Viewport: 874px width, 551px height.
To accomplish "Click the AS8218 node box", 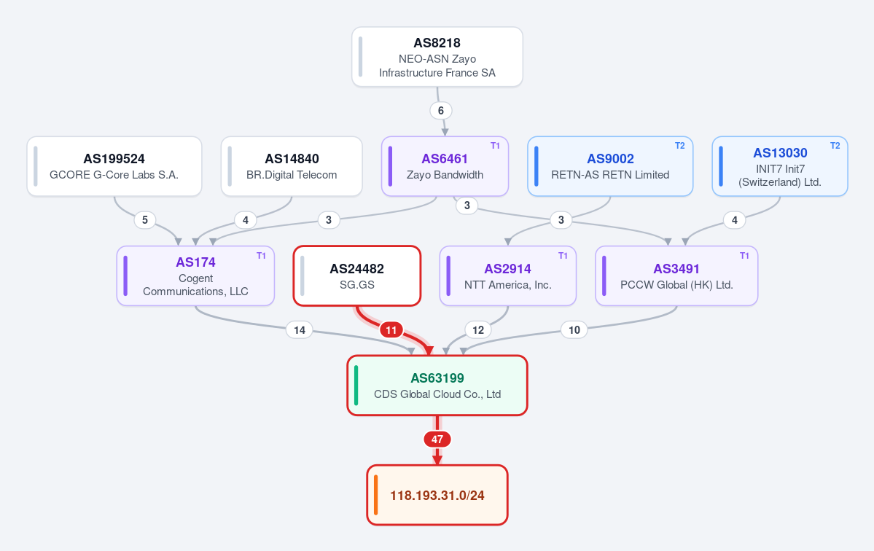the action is coord(437,57).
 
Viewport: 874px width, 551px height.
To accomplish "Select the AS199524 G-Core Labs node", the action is coord(114,166).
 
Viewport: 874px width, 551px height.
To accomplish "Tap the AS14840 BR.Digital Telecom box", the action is coord(292,166).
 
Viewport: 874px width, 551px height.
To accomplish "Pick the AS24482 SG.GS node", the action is coord(356,275).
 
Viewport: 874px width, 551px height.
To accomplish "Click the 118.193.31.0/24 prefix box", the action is coord(437,495).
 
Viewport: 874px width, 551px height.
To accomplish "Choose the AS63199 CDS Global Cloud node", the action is coord(437,386).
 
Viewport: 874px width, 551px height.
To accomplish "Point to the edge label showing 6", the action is coord(441,110).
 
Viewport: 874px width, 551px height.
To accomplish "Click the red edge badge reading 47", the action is coord(437,439).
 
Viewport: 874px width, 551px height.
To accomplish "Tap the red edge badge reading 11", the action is coord(391,330).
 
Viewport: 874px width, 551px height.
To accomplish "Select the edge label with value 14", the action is coord(300,330).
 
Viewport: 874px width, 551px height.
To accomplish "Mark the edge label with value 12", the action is coord(478,330).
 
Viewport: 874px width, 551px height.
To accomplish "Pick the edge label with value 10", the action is coord(574,330).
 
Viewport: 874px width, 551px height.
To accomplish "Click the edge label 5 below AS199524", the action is coord(145,220).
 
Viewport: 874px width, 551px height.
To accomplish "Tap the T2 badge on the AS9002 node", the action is coord(679,146).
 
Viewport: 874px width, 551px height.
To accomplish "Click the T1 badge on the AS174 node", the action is coord(261,256).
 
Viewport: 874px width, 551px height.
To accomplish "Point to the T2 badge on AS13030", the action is coord(835,146).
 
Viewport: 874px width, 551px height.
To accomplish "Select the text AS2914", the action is coord(508,269).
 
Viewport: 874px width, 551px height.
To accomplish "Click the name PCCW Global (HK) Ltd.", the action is coord(676,285).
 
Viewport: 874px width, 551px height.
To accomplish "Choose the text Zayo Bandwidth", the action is coord(445,175).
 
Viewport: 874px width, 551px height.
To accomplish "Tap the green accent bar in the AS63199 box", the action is coord(356,386).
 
